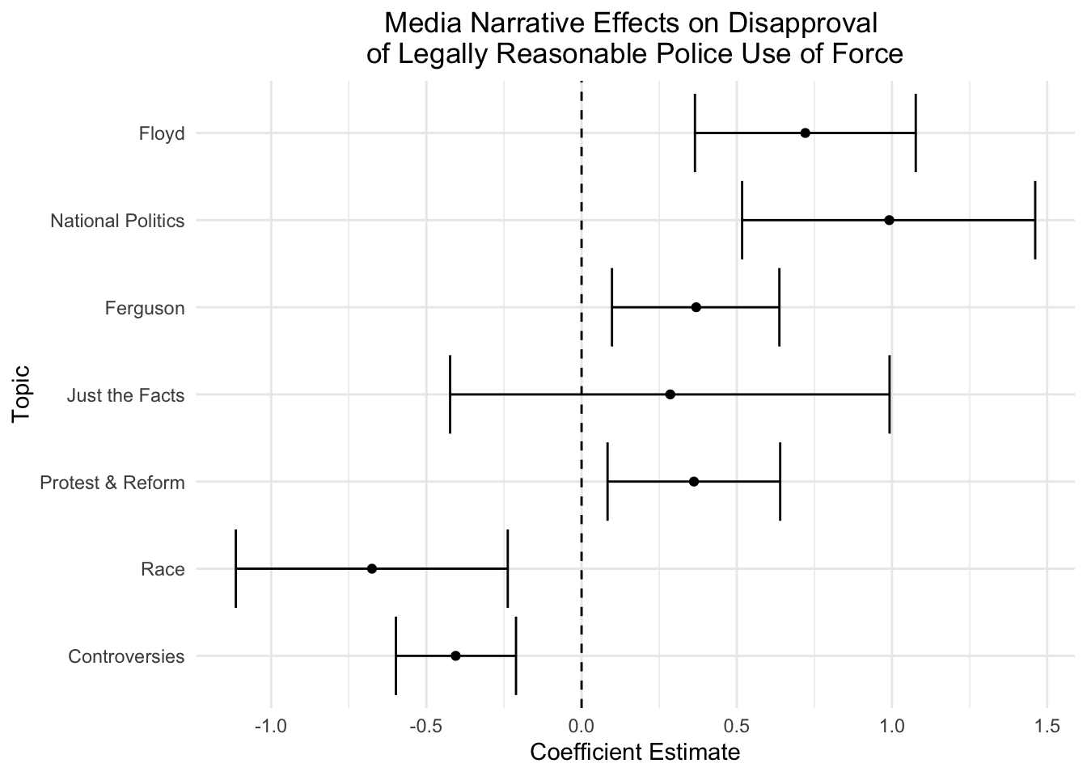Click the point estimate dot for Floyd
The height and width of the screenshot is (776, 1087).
805,133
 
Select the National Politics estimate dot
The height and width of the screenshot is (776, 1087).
889,220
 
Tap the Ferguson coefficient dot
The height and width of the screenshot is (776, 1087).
696,307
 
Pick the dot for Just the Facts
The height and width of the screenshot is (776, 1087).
670,394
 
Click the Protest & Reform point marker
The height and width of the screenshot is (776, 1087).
693,482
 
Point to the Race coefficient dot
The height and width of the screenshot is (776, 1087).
372,568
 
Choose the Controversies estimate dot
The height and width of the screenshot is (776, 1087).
455,656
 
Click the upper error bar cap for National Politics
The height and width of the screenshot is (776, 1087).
1034,220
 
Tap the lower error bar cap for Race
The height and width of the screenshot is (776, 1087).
235,568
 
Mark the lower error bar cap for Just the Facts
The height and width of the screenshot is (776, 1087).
450,394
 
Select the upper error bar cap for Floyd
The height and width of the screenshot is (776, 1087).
915,133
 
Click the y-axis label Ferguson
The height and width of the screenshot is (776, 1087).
145,308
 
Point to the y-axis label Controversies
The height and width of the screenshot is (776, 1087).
126,656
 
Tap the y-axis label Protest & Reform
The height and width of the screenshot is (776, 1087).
112,483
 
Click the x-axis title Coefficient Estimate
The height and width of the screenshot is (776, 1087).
634,753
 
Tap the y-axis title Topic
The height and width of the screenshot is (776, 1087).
22,394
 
